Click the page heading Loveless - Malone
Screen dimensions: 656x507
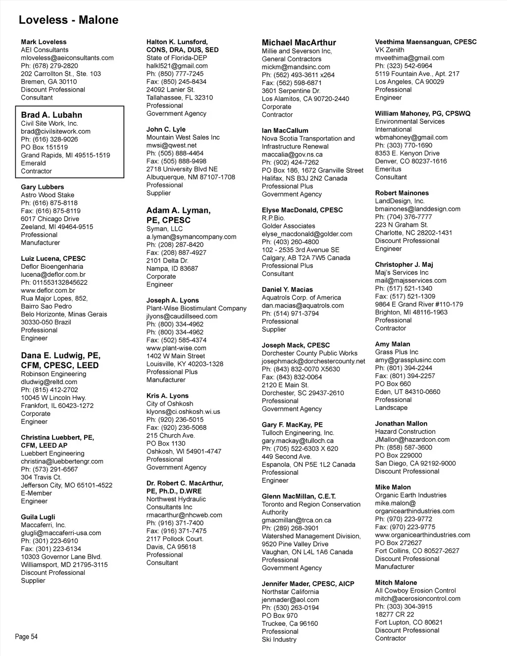point(68,20)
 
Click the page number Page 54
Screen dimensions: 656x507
point(26,637)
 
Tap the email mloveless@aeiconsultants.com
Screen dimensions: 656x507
point(67,58)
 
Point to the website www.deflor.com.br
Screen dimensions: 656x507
point(48,291)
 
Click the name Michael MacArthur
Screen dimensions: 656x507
point(299,43)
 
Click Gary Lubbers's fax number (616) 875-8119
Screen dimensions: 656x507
point(51,211)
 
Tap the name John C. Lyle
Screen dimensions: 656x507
point(166,129)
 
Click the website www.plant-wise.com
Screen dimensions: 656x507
point(176,348)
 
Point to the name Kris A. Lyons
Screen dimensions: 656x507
point(167,396)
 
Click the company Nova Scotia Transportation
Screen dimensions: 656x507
point(308,139)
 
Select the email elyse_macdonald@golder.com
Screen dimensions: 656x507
point(307,234)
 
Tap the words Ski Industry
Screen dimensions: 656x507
point(279,639)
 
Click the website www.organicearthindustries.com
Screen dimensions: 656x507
point(422,535)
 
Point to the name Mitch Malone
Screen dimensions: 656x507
point(396,583)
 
